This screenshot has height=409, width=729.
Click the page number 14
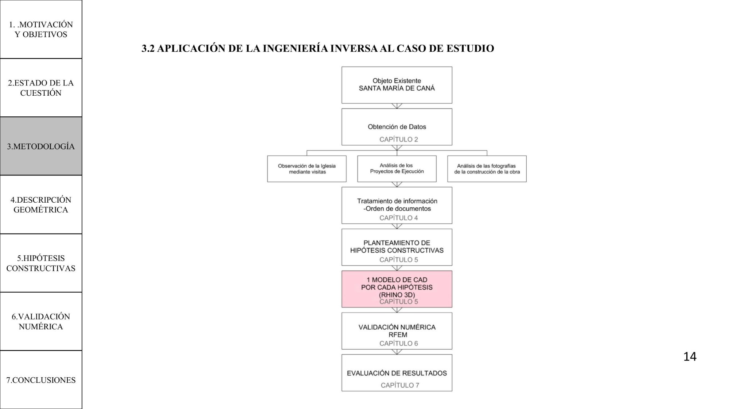coord(690,357)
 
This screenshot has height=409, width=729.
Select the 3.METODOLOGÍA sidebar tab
coord(41,146)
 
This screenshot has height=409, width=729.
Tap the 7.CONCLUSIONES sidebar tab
coord(41,380)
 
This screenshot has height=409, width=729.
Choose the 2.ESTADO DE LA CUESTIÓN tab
coord(41,88)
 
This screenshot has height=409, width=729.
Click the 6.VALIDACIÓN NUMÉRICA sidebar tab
coord(41,321)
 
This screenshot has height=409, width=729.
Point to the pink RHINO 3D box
coord(397,289)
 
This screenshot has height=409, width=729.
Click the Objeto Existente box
coord(397,85)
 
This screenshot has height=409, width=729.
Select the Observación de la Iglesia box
coord(307,169)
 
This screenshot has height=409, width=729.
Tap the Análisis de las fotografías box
coord(487,169)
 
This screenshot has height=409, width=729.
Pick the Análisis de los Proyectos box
coord(397,169)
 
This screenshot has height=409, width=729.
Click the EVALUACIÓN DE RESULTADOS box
coord(397,373)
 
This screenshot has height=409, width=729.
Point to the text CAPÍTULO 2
coord(398,139)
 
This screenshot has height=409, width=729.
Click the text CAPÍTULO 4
coord(398,218)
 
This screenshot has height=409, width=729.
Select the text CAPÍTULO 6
coord(398,344)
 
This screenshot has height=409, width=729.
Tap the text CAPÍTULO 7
coord(400,385)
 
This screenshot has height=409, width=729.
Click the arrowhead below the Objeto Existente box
coord(397,106)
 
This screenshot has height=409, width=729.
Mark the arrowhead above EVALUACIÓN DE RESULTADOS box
coord(397,352)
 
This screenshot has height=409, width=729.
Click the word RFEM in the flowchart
coord(398,335)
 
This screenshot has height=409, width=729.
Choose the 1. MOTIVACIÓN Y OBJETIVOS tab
coord(41,29)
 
